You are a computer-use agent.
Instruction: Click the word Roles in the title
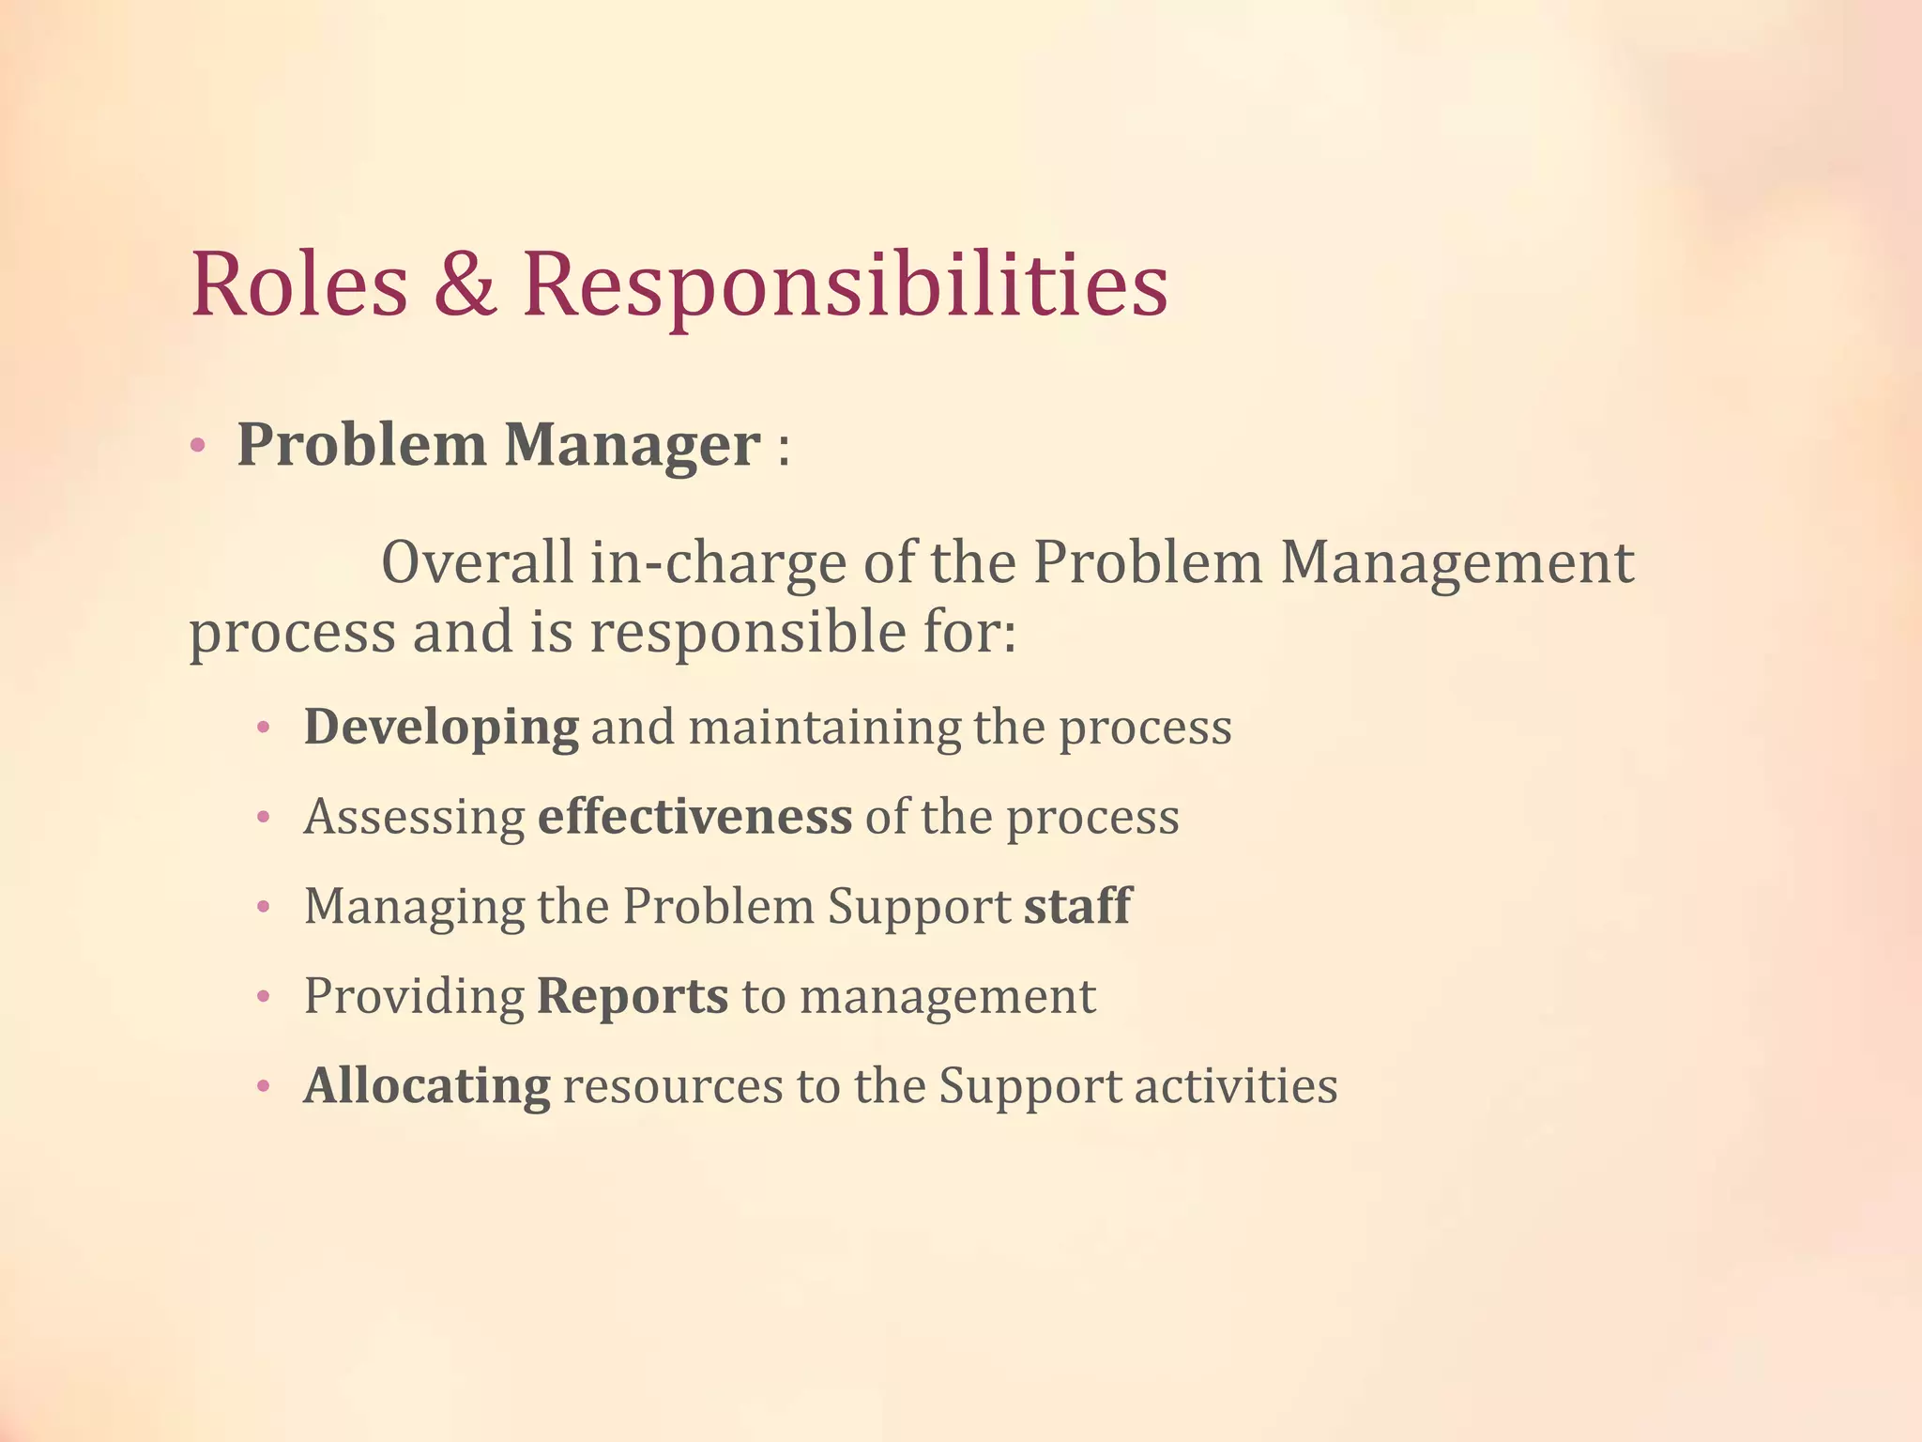pos(299,284)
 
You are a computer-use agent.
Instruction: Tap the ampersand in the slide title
pos(465,284)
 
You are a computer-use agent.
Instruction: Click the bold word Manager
pos(632,445)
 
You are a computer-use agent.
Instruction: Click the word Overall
pos(477,563)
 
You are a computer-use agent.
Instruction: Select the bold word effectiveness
pos(694,817)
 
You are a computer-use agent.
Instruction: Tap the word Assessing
pos(414,817)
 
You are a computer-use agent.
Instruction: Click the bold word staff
pos(1077,907)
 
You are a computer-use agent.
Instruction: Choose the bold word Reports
pos(633,996)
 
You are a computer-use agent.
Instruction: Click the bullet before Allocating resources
pos(264,1087)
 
